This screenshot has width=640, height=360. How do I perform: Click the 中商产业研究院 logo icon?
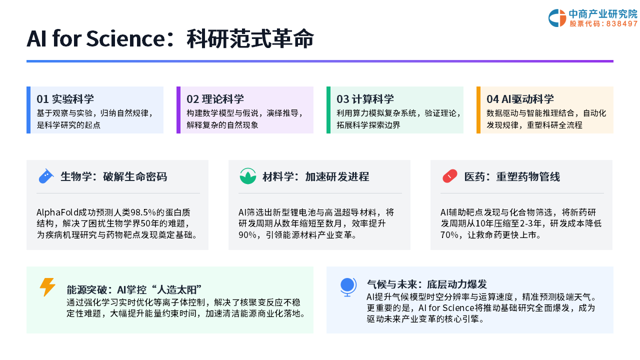pos(557,18)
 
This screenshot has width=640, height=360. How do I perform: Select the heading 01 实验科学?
pos(65,99)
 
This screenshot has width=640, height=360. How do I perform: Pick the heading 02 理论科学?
pos(215,99)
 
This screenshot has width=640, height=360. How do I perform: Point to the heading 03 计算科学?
pos(365,99)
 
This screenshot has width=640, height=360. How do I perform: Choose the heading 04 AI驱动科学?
pos(520,99)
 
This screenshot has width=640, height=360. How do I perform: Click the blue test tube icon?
pos(45,176)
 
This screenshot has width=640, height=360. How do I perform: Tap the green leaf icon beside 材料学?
pos(247,176)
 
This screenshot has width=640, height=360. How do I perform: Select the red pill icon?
pos(449,176)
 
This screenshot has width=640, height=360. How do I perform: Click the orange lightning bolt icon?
pos(47,287)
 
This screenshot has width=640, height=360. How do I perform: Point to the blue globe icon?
pos(348,287)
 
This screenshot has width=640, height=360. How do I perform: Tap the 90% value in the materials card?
pos(247,235)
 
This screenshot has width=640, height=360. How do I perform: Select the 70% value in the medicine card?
pos(449,235)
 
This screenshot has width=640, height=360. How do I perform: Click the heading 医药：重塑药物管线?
pos(512,177)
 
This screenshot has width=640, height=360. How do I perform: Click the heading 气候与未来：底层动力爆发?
pos(427,284)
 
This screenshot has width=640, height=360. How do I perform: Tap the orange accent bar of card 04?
pos(478,110)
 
